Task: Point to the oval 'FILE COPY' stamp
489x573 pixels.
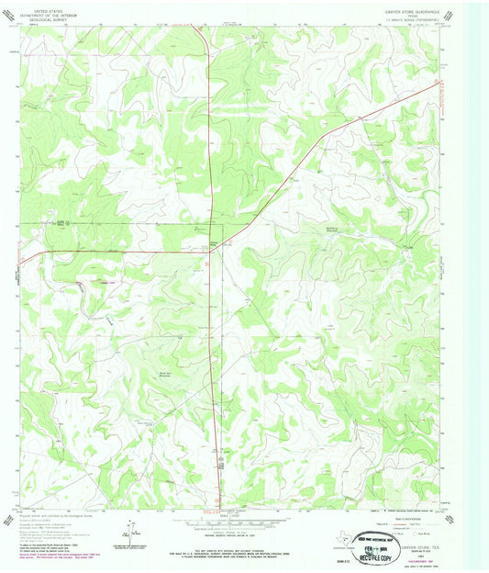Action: coord(376,539)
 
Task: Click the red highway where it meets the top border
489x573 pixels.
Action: coord(194,27)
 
